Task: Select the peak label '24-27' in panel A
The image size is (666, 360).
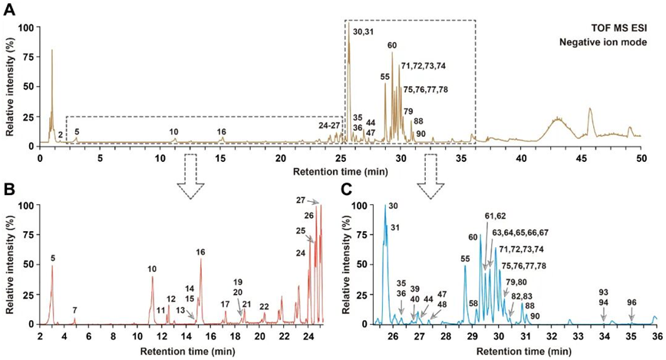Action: click(329, 125)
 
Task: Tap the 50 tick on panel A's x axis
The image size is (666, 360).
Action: click(641, 156)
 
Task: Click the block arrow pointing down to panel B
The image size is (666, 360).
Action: click(189, 170)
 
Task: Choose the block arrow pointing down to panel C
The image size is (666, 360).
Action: click(430, 170)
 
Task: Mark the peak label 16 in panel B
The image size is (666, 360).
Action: click(201, 252)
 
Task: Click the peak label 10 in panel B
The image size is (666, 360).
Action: click(152, 269)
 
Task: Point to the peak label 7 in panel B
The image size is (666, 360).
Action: click(74, 309)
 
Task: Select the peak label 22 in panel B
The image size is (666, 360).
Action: click(264, 307)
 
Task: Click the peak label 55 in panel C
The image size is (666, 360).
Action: click(465, 259)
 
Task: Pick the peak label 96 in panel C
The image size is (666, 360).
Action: click(631, 302)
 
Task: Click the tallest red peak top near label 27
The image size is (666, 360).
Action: click(321, 206)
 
